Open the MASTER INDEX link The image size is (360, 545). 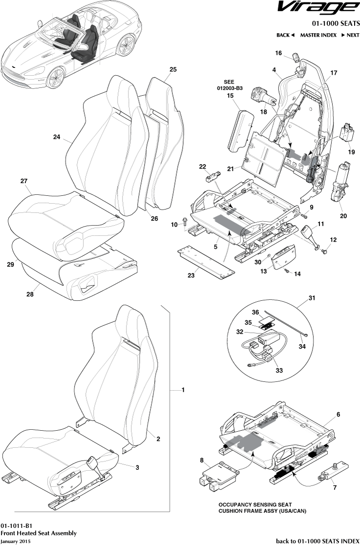(x=318, y=35)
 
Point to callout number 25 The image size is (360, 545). (x=173, y=70)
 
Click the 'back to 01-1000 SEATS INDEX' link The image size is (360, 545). (x=318, y=541)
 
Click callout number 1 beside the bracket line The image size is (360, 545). (x=183, y=390)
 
